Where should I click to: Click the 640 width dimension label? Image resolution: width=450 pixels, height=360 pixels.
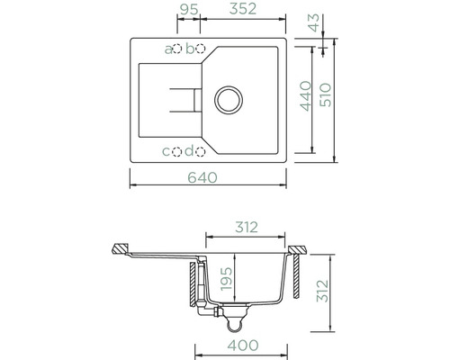coord(202,177)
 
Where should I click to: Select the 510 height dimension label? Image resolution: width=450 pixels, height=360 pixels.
coord(326,95)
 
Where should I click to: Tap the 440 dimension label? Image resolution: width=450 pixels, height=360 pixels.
coord(306,96)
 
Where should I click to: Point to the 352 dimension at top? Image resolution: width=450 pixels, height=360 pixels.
coord(243,9)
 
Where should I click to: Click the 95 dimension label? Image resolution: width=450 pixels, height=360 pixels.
coord(189,9)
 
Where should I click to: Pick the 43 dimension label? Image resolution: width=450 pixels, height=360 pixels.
coord(315,22)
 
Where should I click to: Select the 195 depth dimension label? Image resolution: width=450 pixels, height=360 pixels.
coord(226,279)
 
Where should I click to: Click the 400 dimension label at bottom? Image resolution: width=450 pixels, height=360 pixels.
coord(243,346)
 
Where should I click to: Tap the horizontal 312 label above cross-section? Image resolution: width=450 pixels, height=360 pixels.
coord(246,228)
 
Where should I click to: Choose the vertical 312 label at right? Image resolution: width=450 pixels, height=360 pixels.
coord(323,291)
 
